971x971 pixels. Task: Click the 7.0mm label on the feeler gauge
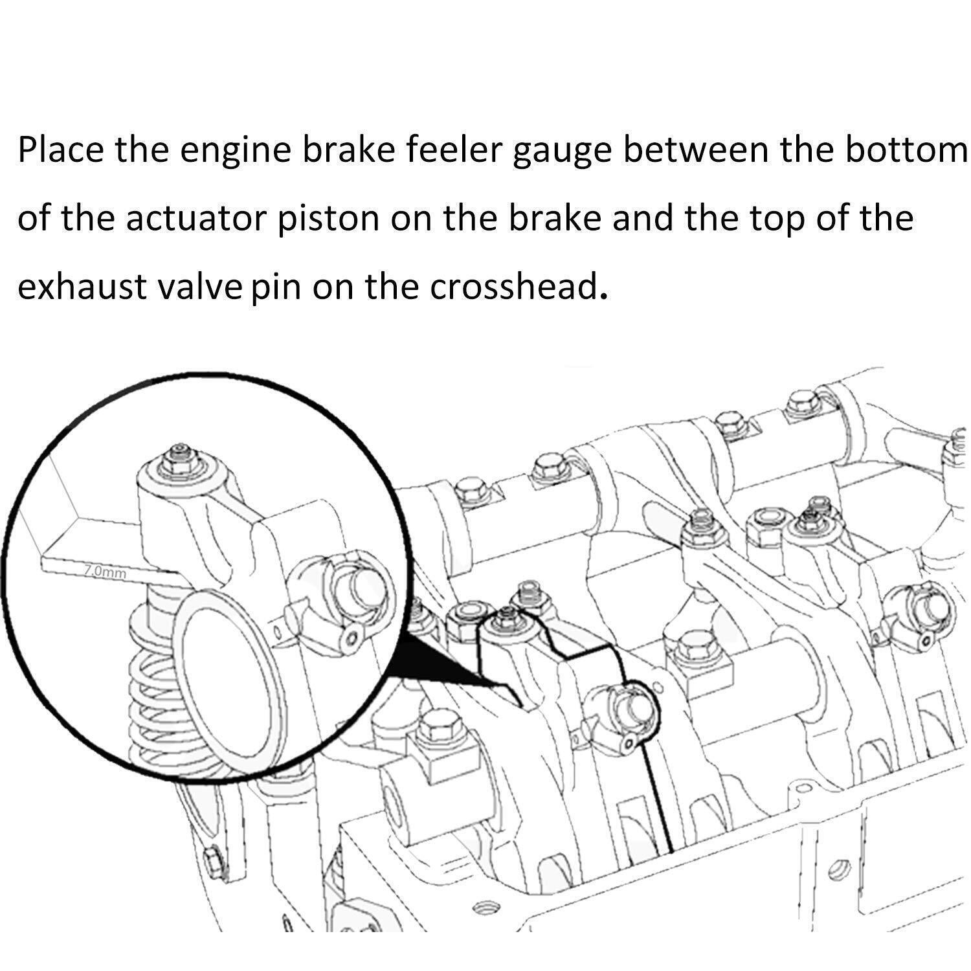(x=106, y=572)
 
